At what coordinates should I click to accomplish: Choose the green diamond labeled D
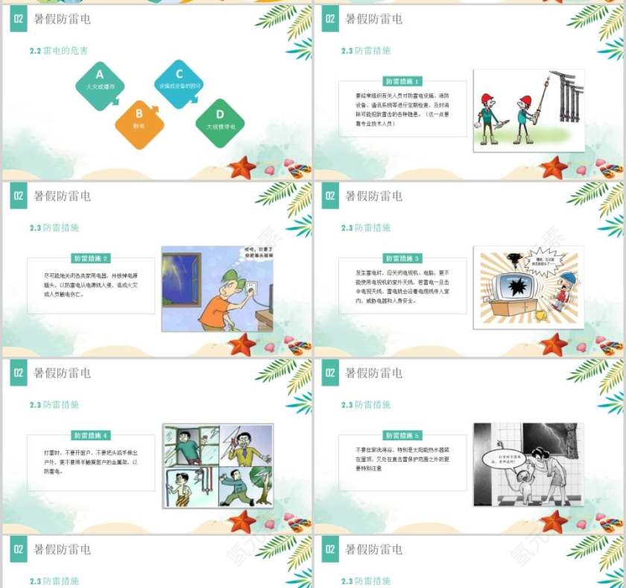pyautogui.click(x=220, y=121)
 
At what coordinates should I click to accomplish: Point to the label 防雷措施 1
pyautogui.click(x=402, y=81)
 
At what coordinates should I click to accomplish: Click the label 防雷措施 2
pyautogui.click(x=91, y=258)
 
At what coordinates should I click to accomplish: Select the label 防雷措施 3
pyautogui.click(x=402, y=258)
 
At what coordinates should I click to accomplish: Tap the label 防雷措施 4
pyautogui.click(x=91, y=435)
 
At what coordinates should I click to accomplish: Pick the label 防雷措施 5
pyautogui.click(x=402, y=435)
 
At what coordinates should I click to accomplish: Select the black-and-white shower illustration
pyautogui.click(x=528, y=466)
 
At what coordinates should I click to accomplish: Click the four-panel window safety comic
pyautogui.click(x=218, y=466)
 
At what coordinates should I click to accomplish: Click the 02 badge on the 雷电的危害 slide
pyautogui.click(x=19, y=19)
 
